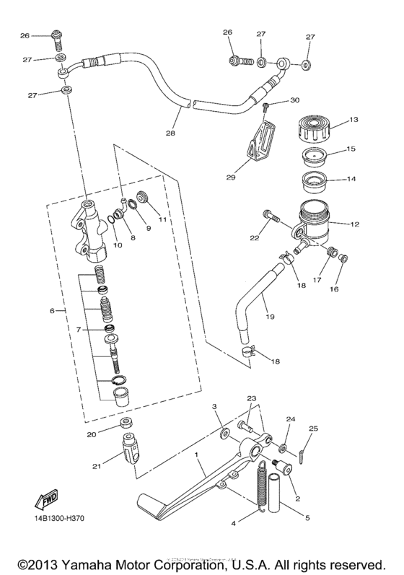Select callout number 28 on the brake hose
click(x=170, y=134)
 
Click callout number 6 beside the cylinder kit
click(x=52, y=311)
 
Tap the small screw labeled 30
click(x=265, y=107)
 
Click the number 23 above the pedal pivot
click(x=251, y=398)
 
